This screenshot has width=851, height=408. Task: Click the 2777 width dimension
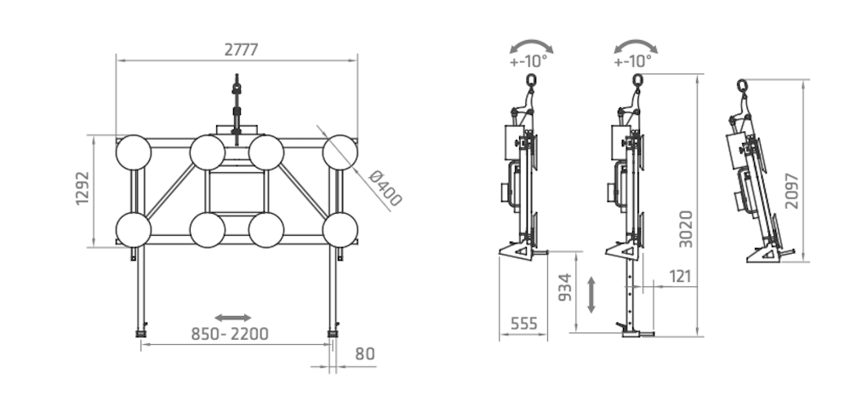tap(242, 49)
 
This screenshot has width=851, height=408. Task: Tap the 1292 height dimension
tap(83, 188)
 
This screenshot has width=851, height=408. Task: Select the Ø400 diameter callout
tap(385, 188)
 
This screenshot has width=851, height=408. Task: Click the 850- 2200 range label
tap(230, 334)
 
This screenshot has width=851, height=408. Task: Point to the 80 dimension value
tap(365, 353)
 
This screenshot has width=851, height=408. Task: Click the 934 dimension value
tap(565, 287)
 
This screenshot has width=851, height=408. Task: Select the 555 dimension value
tap(523, 324)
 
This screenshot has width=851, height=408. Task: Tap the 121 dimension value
tap(680, 277)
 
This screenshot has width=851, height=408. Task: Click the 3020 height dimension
tap(686, 229)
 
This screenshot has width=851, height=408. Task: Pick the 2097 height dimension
tap(791, 191)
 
